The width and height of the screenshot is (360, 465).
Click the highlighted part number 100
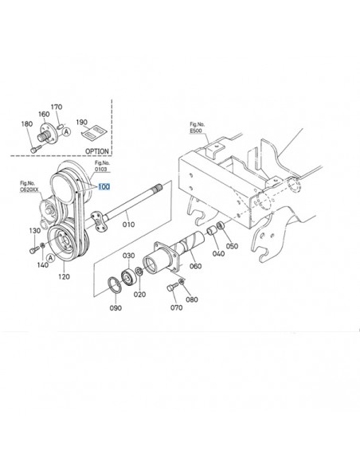(x=104, y=188)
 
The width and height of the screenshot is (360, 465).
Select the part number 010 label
(x=128, y=225)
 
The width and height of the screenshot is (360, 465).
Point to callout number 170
(x=56, y=107)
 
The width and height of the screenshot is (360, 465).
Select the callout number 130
(x=35, y=231)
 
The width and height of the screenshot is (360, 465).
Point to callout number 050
(x=232, y=245)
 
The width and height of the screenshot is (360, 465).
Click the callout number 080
(x=190, y=300)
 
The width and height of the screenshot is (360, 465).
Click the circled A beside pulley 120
(x=51, y=257)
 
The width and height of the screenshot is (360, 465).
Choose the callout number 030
(x=128, y=256)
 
